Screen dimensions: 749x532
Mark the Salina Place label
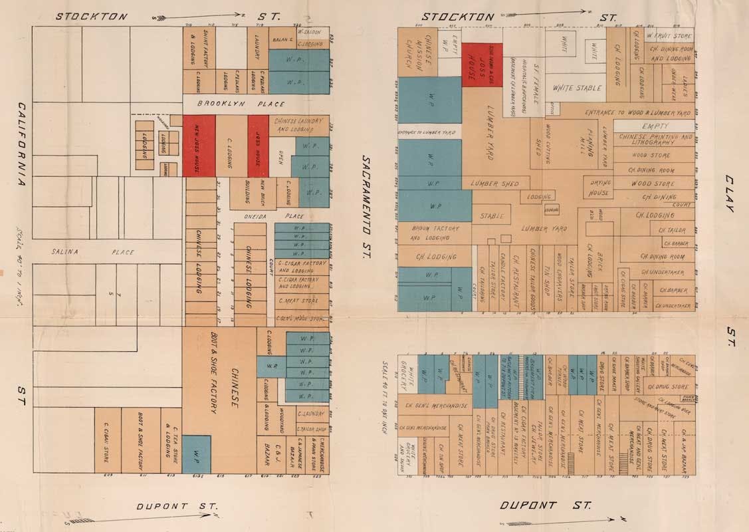click(93, 252)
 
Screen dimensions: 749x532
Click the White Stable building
click(577, 88)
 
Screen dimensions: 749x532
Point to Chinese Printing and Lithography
click(655, 140)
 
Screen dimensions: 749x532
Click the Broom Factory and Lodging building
click(434, 233)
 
